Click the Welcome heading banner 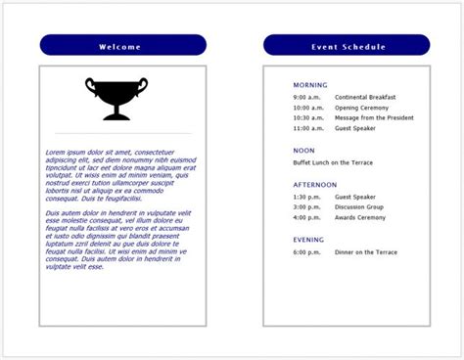click(x=122, y=46)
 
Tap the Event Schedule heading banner click(x=347, y=46)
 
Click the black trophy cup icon click(x=116, y=99)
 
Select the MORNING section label click(x=310, y=85)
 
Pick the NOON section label click(x=303, y=151)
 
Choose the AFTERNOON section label click(x=314, y=184)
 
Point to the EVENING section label click(x=308, y=240)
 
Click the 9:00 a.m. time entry click(x=306, y=98)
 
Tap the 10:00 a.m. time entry click(x=307, y=108)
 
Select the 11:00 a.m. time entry click(x=307, y=128)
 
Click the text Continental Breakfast click(x=365, y=98)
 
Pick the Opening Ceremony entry click(x=361, y=108)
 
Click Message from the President click(x=374, y=117)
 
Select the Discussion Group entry click(x=359, y=206)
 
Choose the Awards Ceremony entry click(x=360, y=217)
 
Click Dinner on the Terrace click(x=366, y=252)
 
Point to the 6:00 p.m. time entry click(x=306, y=252)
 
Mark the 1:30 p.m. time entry click(x=306, y=196)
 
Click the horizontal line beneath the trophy click(x=122, y=132)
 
